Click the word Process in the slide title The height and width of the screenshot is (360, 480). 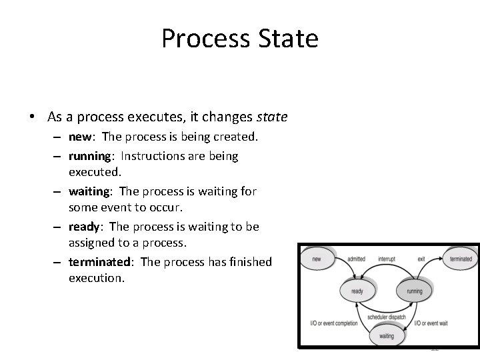click(x=203, y=39)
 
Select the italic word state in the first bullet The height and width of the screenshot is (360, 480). click(x=272, y=117)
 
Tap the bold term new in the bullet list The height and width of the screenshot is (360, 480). click(x=79, y=137)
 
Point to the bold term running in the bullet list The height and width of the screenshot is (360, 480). click(x=89, y=157)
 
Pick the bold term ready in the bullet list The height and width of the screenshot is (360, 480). click(x=84, y=227)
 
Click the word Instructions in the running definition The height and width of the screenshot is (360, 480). click(x=151, y=157)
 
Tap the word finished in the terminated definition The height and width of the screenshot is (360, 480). click(x=249, y=262)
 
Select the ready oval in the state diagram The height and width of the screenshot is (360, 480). click(x=357, y=291)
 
